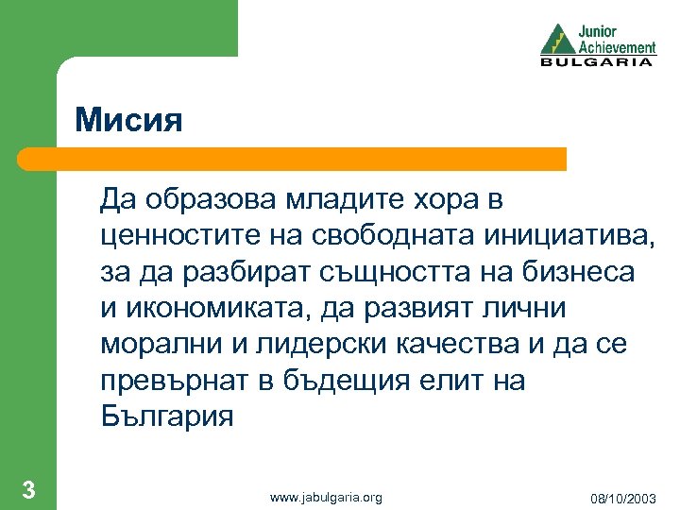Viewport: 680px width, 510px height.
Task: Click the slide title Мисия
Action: click(x=128, y=121)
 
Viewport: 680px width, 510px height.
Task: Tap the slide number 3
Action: click(x=29, y=489)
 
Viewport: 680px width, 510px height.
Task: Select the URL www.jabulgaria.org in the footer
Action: click(x=326, y=497)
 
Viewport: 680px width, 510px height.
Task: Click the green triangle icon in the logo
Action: click(x=557, y=39)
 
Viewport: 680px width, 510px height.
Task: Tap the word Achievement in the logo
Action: click(x=618, y=46)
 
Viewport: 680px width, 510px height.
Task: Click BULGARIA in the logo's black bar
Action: click(x=596, y=62)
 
